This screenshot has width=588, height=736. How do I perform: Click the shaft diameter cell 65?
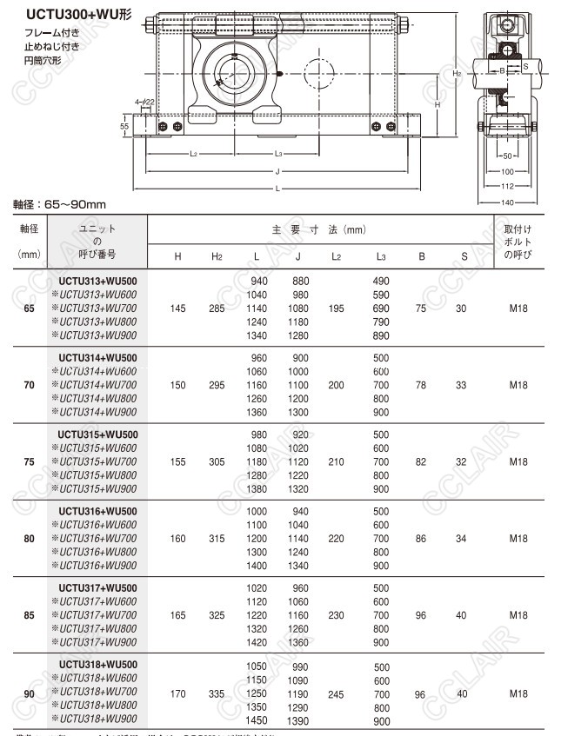click(x=30, y=309)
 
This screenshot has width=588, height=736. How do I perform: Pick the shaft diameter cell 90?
click(x=30, y=694)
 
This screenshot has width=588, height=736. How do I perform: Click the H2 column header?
click(x=217, y=256)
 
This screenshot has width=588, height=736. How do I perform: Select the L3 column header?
click(x=381, y=256)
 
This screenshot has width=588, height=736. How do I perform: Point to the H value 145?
click(x=177, y=309)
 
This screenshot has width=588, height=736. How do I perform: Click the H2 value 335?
click(x=217, y=694)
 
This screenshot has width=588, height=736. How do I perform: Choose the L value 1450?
click(x=257, y=720)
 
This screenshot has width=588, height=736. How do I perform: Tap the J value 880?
click(x=300, y=282)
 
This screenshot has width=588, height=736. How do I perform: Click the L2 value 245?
click(x=337, y=694)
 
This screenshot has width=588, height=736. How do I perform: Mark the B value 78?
click(x=421, y=385)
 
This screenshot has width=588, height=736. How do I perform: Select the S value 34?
click(x=461, y=539)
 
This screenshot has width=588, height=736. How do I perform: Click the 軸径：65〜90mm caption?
click(x=59, y=204)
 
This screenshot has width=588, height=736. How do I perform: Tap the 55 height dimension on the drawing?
click(x=124, y=127)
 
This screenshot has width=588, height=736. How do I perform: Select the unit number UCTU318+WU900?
click(x=97, y=719)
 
